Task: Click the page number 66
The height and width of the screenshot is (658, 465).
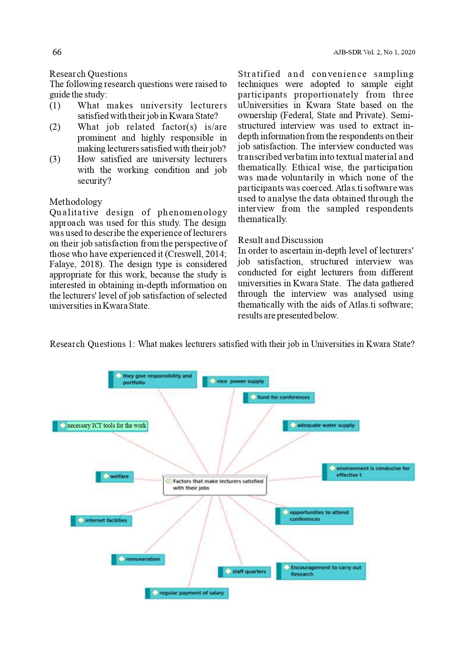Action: (57, 52)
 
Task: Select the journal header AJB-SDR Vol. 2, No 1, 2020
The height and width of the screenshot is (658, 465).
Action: (374, 53)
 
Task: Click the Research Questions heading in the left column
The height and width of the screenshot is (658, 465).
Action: (88, 74)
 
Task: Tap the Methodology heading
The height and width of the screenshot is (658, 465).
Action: (76, 202)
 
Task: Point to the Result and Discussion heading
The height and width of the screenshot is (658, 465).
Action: (280, 240)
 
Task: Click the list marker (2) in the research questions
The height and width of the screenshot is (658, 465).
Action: (55, 127)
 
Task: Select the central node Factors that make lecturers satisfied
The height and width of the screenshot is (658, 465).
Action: (215, 485)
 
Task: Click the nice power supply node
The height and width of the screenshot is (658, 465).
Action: (236, 382)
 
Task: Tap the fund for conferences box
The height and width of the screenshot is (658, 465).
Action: (279, 397)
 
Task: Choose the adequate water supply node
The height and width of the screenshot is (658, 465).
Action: (321, 425)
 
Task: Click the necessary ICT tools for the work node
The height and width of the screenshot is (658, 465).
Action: (100, 426)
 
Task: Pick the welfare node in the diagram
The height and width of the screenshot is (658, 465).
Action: (115, 476)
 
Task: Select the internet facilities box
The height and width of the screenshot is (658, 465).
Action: (102, 520)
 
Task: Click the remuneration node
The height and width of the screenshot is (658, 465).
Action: (138, 559)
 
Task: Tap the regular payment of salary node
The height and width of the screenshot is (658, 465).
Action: (187, 593)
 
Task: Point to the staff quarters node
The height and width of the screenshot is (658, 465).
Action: (244, 572)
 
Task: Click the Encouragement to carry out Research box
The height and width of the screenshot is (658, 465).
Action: (321, 571)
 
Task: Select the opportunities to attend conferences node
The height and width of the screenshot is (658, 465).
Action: (314, 516)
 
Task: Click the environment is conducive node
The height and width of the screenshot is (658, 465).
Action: (368, 472)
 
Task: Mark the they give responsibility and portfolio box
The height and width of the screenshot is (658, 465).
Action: (153, 379)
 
